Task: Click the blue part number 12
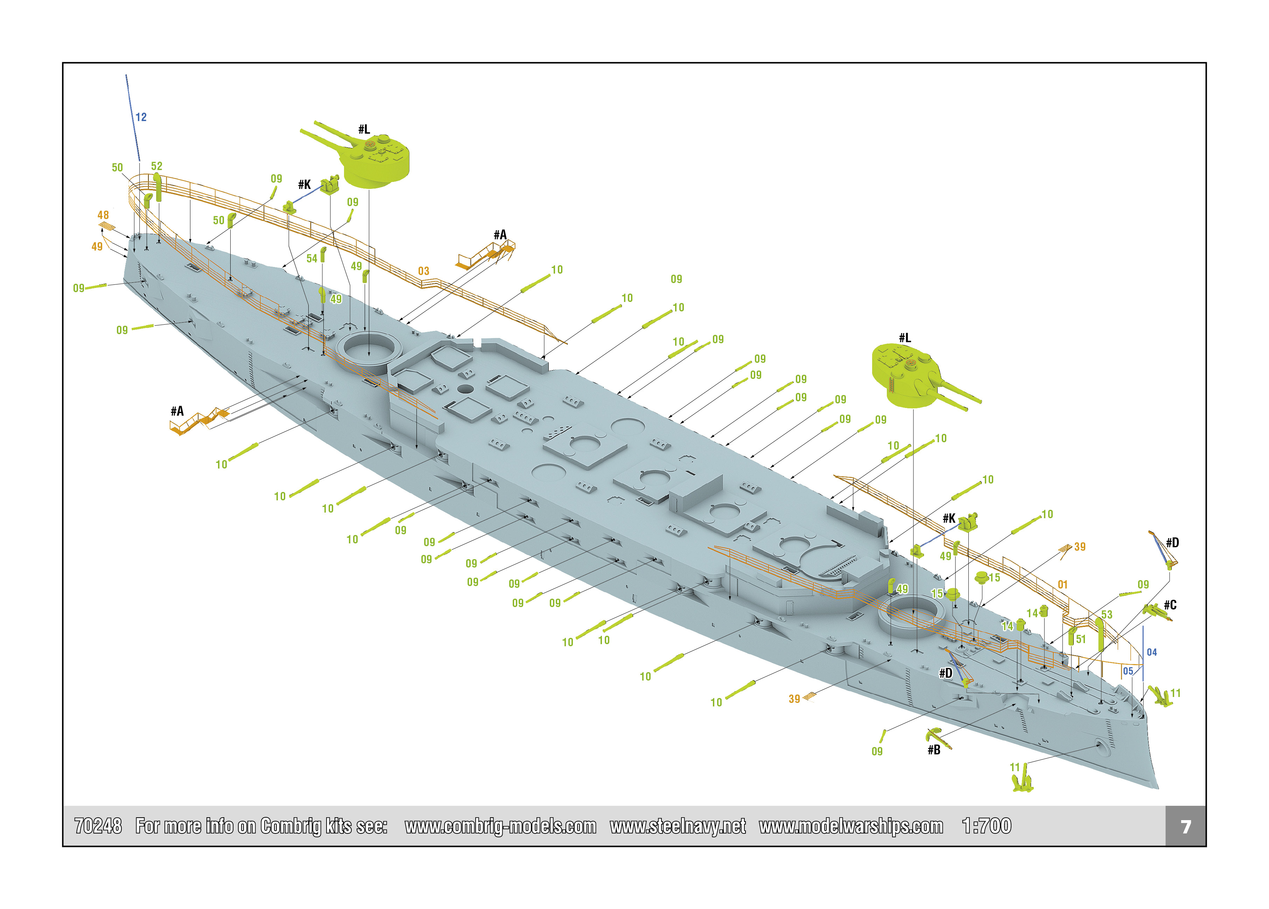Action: click(x=141, y=117)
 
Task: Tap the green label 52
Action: click(x=157, y=166)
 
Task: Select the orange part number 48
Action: click(x=103, y=215)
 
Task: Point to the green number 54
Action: click(x=312, y=259)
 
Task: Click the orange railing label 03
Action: click(x=423, y=271)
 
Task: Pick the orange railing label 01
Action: click(x=1063, y=585)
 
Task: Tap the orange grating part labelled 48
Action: click(x=107, y=226)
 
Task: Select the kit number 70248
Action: click(x=98, y=826)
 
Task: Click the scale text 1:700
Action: click(x=987, y=826)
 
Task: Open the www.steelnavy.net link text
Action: click(x=678, y=826)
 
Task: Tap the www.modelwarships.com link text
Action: click(x=851, y=826)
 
